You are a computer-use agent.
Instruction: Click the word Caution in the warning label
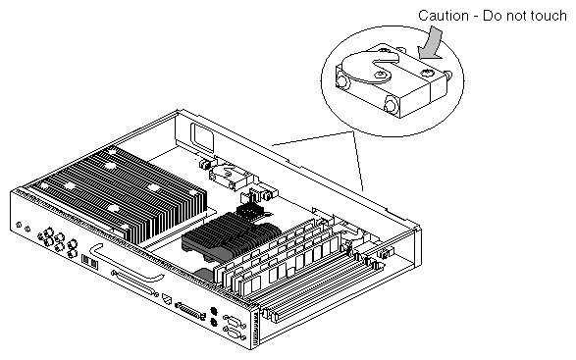click(x=444, y=16)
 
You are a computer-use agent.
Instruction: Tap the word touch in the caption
click(x=549, y=16)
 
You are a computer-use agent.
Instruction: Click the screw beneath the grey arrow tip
click(x=428, y=73)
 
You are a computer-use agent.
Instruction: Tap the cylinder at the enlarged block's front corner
click(x=391, y=104)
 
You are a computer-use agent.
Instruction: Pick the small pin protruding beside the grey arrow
click(x=448, y=75)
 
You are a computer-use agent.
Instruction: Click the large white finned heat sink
click(x=117, y=194)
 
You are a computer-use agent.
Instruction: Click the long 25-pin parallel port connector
click(x=190, y=311)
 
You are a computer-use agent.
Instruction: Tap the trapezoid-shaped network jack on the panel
click(x=167, y=299)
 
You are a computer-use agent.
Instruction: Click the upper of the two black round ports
click(x=214, y=311)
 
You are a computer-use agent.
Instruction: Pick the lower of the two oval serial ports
click(x=235, y=334)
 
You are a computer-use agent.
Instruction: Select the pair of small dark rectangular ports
click(x=89, y=262)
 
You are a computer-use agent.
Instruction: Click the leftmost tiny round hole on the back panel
click(x=19, y=225)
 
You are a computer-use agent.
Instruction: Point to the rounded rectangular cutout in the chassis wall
click(x=201, y=137)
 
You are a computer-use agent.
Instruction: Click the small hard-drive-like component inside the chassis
click(x=231, y=178)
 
